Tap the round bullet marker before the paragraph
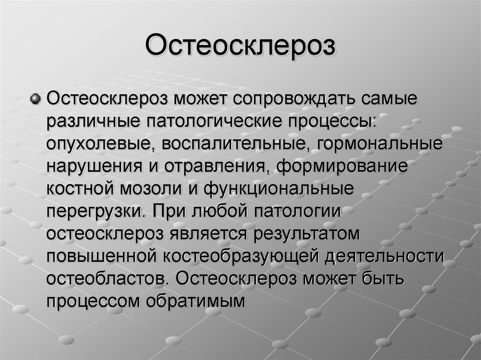[36, 99]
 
